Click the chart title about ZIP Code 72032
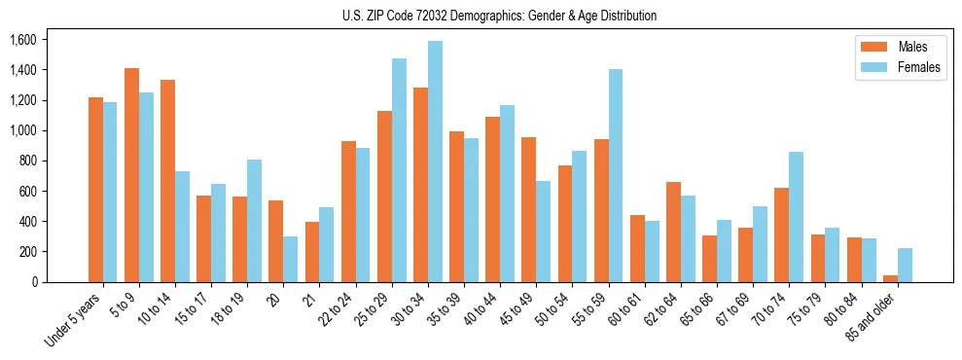pos(500,16)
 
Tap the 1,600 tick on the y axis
pos(22,40)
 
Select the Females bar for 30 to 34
pos(435,162)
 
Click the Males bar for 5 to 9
pos(131,175)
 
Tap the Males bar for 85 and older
pos(890,278)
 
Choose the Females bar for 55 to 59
pos(616,176)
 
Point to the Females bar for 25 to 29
pos(399,170)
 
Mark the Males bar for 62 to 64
pos(673,232)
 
